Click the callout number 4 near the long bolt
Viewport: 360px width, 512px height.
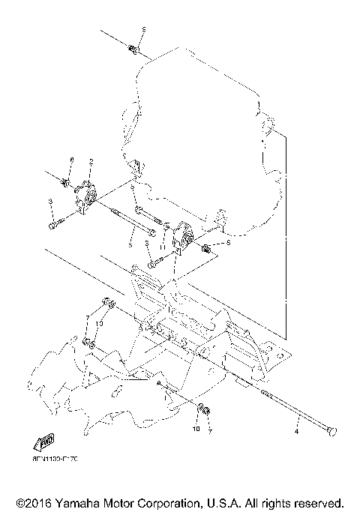(x=296, y=432)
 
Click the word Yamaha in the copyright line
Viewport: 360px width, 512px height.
(x=79, y=502)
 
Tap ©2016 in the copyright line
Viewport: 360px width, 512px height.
(x=32, y=502)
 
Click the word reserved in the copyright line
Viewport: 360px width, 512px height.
(x=318, y=502)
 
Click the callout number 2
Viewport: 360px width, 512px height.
(x=90, y=161)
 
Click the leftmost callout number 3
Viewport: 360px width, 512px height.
(x=49, y=202)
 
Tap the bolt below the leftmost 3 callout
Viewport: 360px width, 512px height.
(x=53, y=223)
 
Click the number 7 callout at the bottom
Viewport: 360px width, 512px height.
(x=211, y=432)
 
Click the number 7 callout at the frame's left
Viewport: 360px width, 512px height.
(x=88, y=319)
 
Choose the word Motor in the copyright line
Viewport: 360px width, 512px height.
(x=123, y=502)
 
